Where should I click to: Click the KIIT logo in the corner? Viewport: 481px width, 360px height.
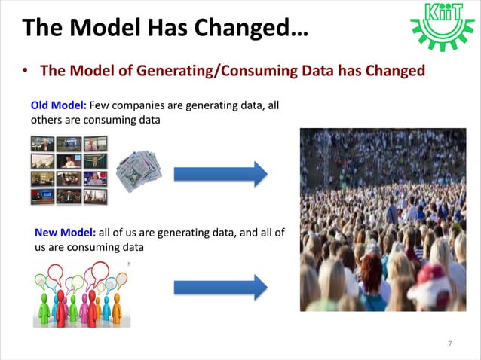point(443,26)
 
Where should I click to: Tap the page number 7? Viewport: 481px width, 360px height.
point(450,344)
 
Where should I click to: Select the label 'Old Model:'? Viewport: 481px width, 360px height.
point(58,105)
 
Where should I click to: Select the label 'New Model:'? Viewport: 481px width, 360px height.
point(64,233)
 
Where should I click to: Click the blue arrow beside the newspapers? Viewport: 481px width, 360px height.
point(220,174)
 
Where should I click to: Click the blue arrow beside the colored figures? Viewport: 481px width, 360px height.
point(220,287)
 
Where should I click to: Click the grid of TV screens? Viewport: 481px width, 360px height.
point(69,170)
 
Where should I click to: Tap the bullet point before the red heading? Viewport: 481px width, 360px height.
point(26,72)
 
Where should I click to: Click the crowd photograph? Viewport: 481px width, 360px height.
point(382,219)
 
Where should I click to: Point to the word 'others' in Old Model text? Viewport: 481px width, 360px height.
point(47,119)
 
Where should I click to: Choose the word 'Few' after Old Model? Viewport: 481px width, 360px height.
point(100,105)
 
